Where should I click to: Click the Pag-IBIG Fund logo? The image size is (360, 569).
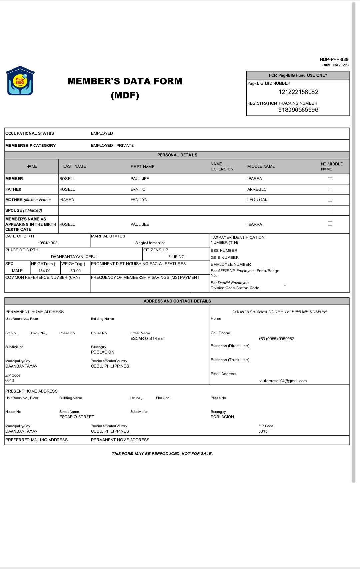[x=20, y=81]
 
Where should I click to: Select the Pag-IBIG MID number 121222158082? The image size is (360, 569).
[x=298, y=92]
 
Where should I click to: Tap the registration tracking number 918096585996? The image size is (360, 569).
[x=298, y=110]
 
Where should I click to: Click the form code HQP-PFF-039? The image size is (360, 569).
[x=334, y=59]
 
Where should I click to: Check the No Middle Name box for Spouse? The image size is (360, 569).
[x=330, y=210]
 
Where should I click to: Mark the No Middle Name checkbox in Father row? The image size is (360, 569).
[x=330, y=189]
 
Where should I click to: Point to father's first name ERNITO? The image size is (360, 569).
[x=138, y=189]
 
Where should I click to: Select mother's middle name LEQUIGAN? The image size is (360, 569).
[x=257, y=200]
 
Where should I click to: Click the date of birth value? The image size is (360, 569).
[x=47, y=243]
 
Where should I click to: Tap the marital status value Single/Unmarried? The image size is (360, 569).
[x=150, y=243]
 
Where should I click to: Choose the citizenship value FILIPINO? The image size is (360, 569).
[x=176, y=257]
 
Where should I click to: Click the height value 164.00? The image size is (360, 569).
[x=44, y=271]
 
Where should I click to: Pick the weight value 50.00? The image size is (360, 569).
[x=76, y=271]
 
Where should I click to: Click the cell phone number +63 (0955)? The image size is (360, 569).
[x=276, y=339]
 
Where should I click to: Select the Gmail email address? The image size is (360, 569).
[x=283, y=381]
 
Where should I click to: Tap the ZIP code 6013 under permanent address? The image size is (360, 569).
[x=10, y=381]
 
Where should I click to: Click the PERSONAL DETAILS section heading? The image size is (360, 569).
[x=177, y=155]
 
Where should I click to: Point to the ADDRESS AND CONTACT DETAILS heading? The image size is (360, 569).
[x=177, y=301]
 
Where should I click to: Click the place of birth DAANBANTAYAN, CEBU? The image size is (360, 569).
[x=74, y=257]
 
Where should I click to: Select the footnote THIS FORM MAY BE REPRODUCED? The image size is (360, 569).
[x=162, y=454]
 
